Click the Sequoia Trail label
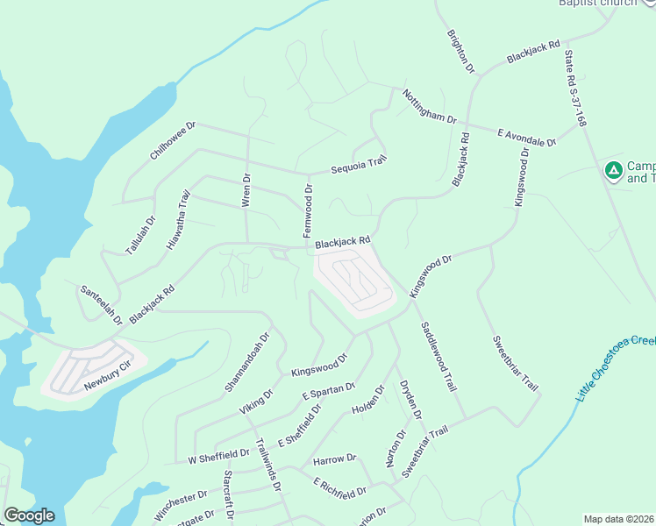[358, 165]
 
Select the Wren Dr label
[246, 190]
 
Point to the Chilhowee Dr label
[172, 140]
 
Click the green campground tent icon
[614, 169]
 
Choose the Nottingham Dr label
[430, 106]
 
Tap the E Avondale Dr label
[527, 137]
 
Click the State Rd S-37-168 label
[574, 89]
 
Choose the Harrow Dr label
[334, 458]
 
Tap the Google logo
[29, 515]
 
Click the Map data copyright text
[619, 519]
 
